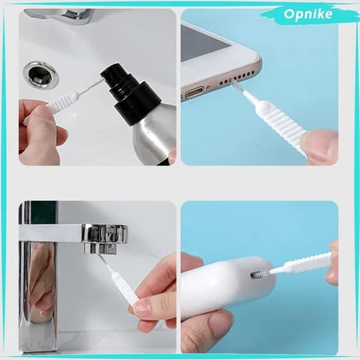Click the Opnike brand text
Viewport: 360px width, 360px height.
pyautogui.click(x=308, y=14)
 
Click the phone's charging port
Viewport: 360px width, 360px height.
pyautogui.click(x=195, y=93)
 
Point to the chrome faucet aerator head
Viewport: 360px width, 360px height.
pyautogui.click(x=104, y=238)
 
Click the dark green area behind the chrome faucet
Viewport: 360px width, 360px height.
pyautogui.click(x=43, y=212)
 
